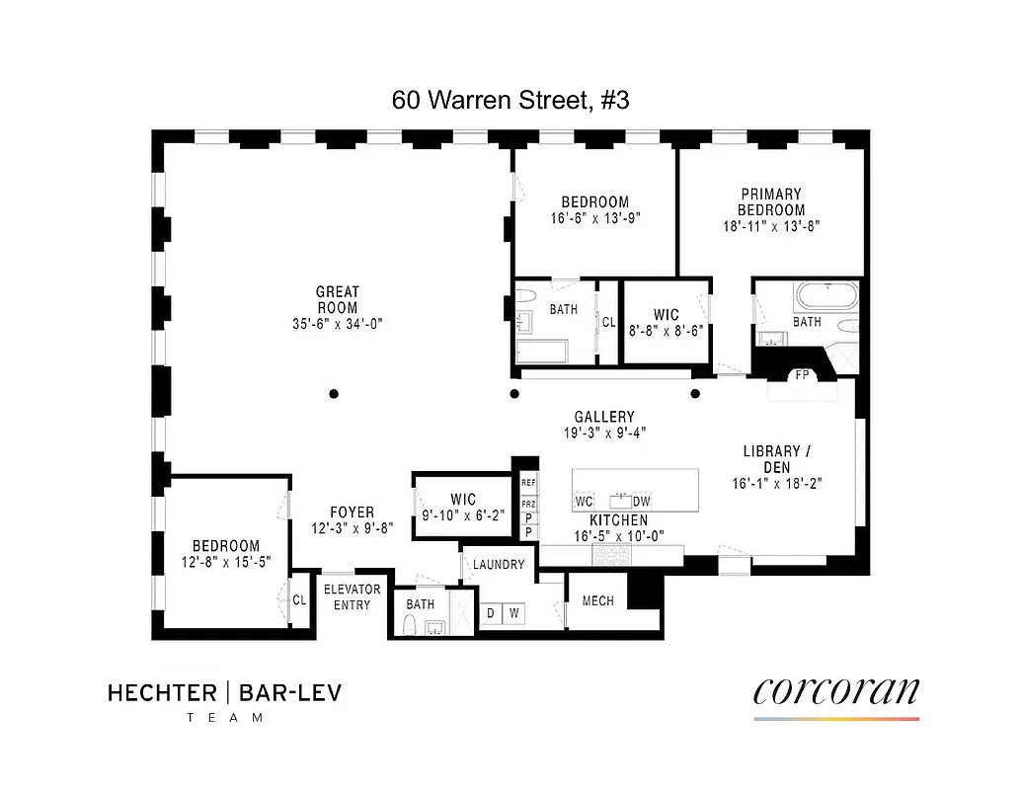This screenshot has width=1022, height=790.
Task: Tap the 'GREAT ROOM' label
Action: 338,299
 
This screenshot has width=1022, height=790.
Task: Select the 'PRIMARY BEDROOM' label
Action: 771,202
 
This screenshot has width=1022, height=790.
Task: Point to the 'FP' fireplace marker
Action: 801,375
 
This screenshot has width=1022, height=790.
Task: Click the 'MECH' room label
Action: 598,600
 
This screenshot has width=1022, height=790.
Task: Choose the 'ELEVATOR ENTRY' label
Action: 352,596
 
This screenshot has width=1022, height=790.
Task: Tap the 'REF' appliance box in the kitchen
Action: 529,484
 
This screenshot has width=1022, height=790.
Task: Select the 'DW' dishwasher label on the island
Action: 642,502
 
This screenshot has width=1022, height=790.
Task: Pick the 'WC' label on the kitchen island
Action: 585,502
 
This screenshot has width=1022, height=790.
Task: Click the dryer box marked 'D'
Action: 490,613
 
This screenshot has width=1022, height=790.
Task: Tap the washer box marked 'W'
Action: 513,613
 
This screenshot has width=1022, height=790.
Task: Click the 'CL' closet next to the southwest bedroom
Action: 298,600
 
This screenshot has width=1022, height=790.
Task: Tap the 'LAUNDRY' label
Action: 498,566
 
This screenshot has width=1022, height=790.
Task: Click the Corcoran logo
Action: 835,692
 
